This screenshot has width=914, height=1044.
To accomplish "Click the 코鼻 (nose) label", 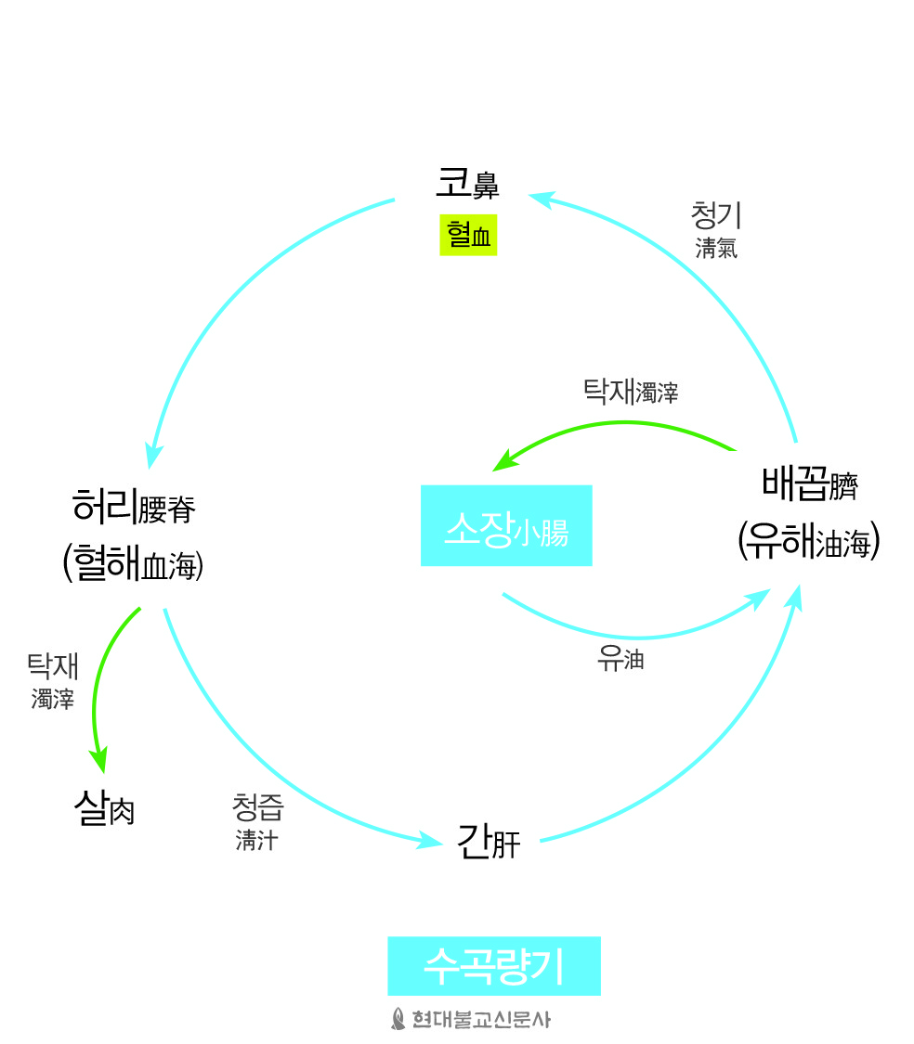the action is click(x=467, y=183).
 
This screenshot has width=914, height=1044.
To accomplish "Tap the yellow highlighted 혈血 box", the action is click(x=469, y=235).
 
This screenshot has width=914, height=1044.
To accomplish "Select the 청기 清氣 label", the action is click(x=716, y=230).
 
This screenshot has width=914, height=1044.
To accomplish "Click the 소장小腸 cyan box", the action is click(x=506, y=526).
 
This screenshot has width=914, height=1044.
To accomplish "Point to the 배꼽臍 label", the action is click(x=810, y=484).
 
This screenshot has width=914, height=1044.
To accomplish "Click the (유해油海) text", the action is click(x=809, y=540).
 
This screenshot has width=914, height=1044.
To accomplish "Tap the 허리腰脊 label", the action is click(x=134, y=508).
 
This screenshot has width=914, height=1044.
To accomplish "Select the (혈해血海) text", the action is click(x=134, y=563).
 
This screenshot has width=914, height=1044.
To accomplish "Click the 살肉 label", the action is click(x=105, y=808).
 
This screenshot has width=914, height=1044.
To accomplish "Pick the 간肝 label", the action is click(x=489, y=843).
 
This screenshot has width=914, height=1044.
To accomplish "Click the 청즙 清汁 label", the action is click(x=258, y=822).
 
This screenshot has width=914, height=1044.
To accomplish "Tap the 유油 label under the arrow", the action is click(x=620, y=659).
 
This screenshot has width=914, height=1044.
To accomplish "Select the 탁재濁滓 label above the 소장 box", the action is click(x=631, y=392).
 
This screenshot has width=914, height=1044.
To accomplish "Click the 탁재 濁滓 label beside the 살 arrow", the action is click(x=53, y=681).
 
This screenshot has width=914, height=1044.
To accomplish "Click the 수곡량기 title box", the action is click(x=494, y=966).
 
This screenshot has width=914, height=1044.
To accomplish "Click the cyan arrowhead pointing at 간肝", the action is click(x=428, y=841).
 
